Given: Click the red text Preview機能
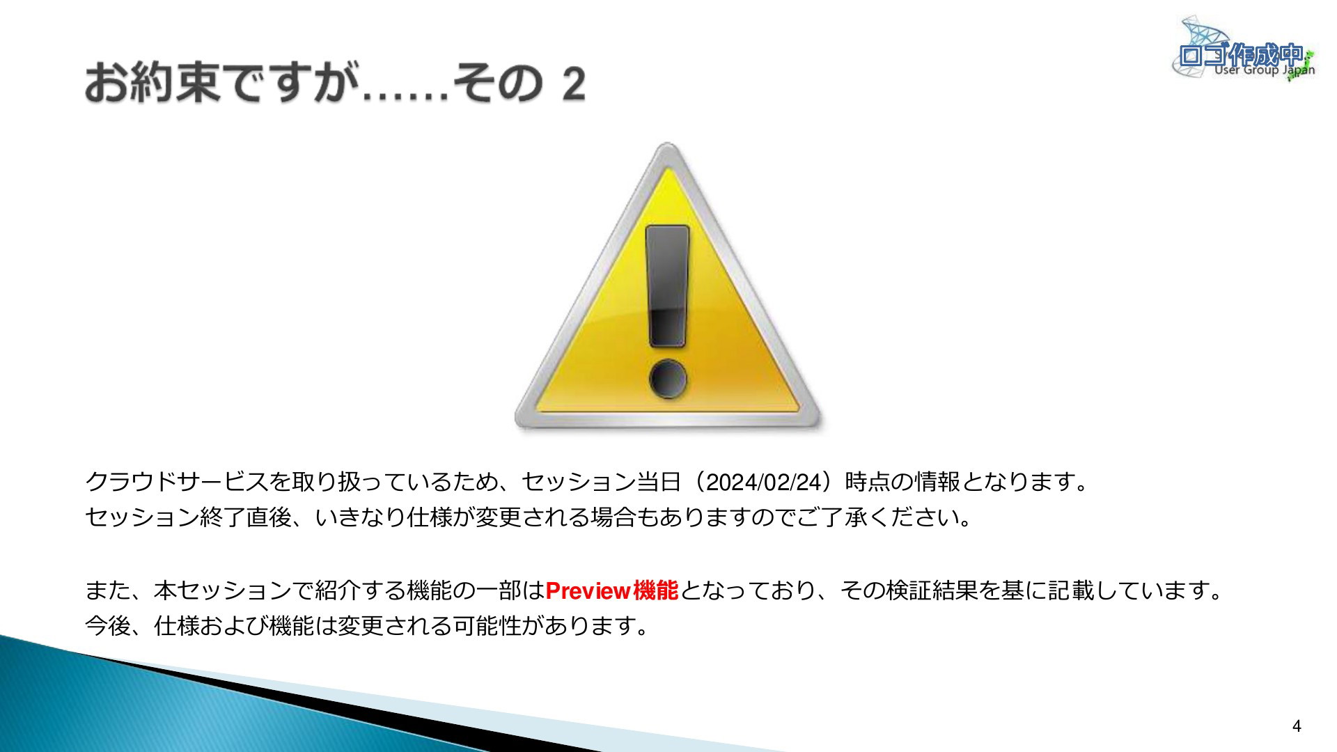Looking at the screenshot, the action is (611, 590).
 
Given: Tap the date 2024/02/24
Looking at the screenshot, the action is (765, 483).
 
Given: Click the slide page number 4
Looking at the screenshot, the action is (1296, 726).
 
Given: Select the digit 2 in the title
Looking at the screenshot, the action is (573, 85).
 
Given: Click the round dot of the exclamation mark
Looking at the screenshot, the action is (668, 379).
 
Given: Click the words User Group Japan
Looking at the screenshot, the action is (1265, 70).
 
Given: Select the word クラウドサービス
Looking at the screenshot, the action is (177, 482).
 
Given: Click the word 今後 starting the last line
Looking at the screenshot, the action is (108, 626).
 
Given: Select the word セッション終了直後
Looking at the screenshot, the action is (188, 518).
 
